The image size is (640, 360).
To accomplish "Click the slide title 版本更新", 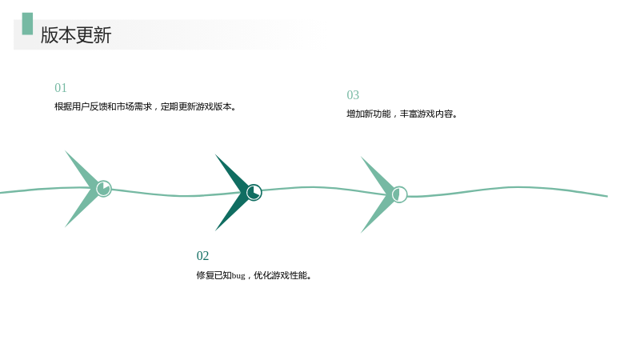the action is [x=76, y=34].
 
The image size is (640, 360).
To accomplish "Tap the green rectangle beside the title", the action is [x=27, y=24].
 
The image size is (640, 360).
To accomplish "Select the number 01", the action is [x=61, y=88].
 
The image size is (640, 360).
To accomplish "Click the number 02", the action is [x=202, y=256].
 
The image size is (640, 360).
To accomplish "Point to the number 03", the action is [x=353, y=95].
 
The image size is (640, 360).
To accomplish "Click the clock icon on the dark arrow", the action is [x=254, y=192].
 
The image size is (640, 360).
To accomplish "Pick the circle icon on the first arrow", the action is [x=104, y=189].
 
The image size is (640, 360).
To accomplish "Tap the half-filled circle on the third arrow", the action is [x=399, y=194].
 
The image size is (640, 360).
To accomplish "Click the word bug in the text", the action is [x=238, y=276].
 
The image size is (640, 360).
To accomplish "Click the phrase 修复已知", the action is [x=214, y=275].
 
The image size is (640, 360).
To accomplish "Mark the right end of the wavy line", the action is [x=607, y=196].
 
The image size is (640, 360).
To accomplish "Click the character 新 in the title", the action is [x=102, y=34].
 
